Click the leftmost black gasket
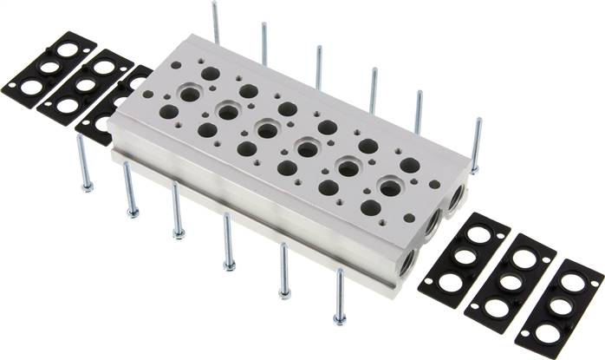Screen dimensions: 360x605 coord(49,69)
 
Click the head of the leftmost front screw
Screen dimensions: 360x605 coord(87,186)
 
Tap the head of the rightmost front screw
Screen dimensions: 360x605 coord(340,321)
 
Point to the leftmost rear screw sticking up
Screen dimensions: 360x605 coord(215,21)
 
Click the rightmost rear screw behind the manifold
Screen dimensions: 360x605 coord(476,143)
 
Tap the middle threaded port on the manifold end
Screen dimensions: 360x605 coord(431,227)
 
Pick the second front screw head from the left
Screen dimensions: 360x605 coord(133,211)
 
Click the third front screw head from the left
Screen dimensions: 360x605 coord(179,232)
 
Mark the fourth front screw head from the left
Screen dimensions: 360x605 coord(230,264)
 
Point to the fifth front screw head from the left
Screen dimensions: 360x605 coord(285,293)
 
